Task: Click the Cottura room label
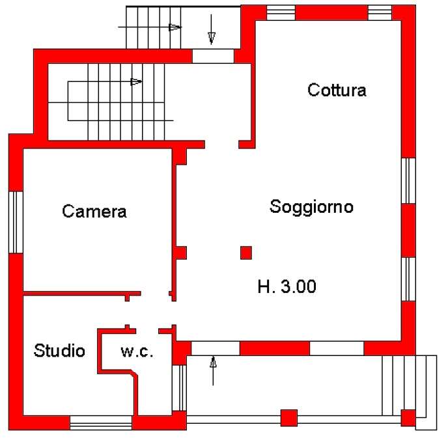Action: (337, 90)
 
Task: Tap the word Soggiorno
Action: (311, 207)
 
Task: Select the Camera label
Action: (94, 212)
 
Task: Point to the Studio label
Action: (59, 350)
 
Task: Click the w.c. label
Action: (137, 351)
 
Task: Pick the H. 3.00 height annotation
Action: (287, 286)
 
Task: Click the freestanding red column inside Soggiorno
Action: (246, 253)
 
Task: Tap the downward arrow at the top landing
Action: (212, 30)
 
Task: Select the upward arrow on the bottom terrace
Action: (213, 370)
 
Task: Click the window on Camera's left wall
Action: (16, 222)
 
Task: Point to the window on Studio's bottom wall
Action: (101, 422)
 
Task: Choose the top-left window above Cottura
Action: (281, 13)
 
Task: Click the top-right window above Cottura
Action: (380, 13)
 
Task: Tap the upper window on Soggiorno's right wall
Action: (408, 181)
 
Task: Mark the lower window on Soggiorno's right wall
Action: (408, 279)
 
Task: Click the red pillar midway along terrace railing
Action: (289, 418)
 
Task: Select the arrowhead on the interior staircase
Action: (136, 82)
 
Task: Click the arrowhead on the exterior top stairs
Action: (175, 27)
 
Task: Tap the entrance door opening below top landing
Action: (213, 56)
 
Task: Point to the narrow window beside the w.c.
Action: (179, 388)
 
